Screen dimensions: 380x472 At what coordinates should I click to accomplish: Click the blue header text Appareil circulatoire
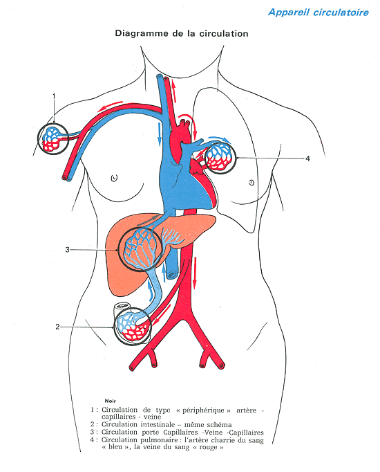click(x=319, y=12)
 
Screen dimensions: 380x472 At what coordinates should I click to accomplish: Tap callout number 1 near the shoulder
click(x=54, y=96)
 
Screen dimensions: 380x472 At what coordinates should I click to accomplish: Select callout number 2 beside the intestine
click(x=57, y=327)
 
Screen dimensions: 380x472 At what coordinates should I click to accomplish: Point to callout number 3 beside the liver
click(x=67, y=250)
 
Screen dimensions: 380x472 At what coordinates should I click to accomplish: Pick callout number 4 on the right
click(x=307, y=158)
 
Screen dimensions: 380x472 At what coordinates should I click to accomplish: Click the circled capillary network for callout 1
click(x=53, y=139)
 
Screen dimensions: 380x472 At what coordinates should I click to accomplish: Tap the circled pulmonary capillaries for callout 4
click(x=221, y=158)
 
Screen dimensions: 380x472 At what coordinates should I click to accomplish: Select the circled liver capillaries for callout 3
click(x=140, y=249)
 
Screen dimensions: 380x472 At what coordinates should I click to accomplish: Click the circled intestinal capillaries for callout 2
click(x=132, y=326)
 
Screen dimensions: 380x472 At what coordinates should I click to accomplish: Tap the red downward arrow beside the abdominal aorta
click(x=195, y=273)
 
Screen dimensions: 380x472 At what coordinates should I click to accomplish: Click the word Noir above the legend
click(x=111, y=401)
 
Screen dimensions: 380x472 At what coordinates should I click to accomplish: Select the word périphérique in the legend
click(x=207, y=410)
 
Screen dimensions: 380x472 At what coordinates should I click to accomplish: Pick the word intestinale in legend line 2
click(x=158, y=424)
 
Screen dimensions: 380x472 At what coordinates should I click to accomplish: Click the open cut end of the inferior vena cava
click(x=172, y=274)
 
